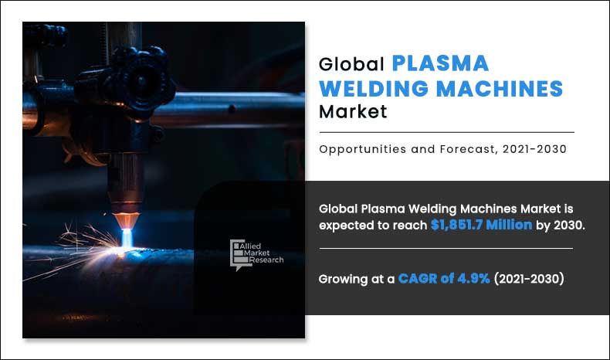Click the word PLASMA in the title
(440, 63)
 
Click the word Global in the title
(351, 64)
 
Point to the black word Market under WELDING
(352, 113)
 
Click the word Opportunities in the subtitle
(360, 150)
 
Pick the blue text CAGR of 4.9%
(444, 279)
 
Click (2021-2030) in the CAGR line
(529, 279)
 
